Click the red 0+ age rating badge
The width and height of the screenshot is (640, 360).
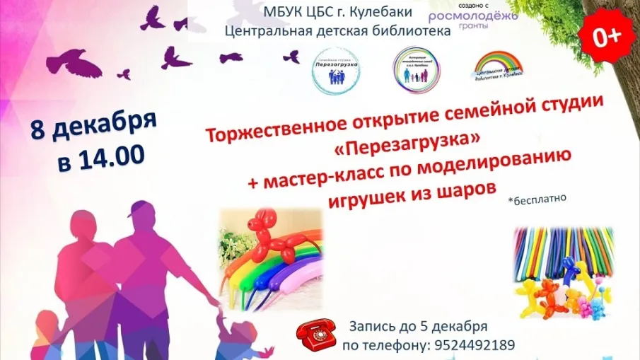point(606,37)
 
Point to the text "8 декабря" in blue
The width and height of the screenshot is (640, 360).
point(94,129)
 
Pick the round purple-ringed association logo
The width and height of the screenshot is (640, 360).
point(414,69)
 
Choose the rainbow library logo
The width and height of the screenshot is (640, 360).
point(499,69)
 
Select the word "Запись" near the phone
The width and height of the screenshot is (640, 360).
point(369,327)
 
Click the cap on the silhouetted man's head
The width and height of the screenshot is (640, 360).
point(139,209)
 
